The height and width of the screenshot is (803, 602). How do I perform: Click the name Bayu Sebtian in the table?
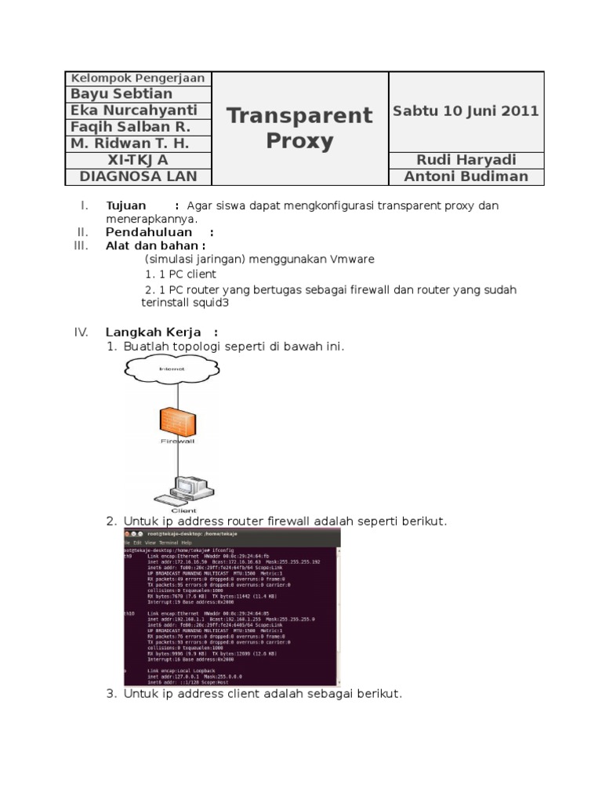click(x=121, y=94)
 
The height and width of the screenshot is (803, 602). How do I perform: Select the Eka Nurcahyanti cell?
click(x=134, y=111)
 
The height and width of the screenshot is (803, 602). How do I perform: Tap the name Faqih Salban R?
click(x=130, y=127)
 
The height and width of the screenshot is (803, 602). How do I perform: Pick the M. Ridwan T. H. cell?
click(x=130, y=144)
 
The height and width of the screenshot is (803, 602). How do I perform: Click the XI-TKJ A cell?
click(x=138, y=160)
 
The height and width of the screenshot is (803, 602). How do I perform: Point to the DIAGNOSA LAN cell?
click(x=138, y=176)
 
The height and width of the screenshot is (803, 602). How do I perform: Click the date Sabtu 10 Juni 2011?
click(x=466, y=111)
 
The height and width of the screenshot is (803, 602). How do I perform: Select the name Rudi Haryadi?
click(x=466, y=160)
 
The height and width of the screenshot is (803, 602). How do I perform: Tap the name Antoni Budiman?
click(x=466, y=176)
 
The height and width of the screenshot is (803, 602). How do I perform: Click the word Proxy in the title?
click(x=299, y=141)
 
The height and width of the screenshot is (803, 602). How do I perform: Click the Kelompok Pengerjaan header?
click(x=138, y=78)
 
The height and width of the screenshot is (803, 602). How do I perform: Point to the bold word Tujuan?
click(x=126, y=205)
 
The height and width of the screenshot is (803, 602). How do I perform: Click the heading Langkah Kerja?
click(x=154, y=332)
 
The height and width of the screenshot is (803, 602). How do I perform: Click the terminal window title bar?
click(x=232, y=533)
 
